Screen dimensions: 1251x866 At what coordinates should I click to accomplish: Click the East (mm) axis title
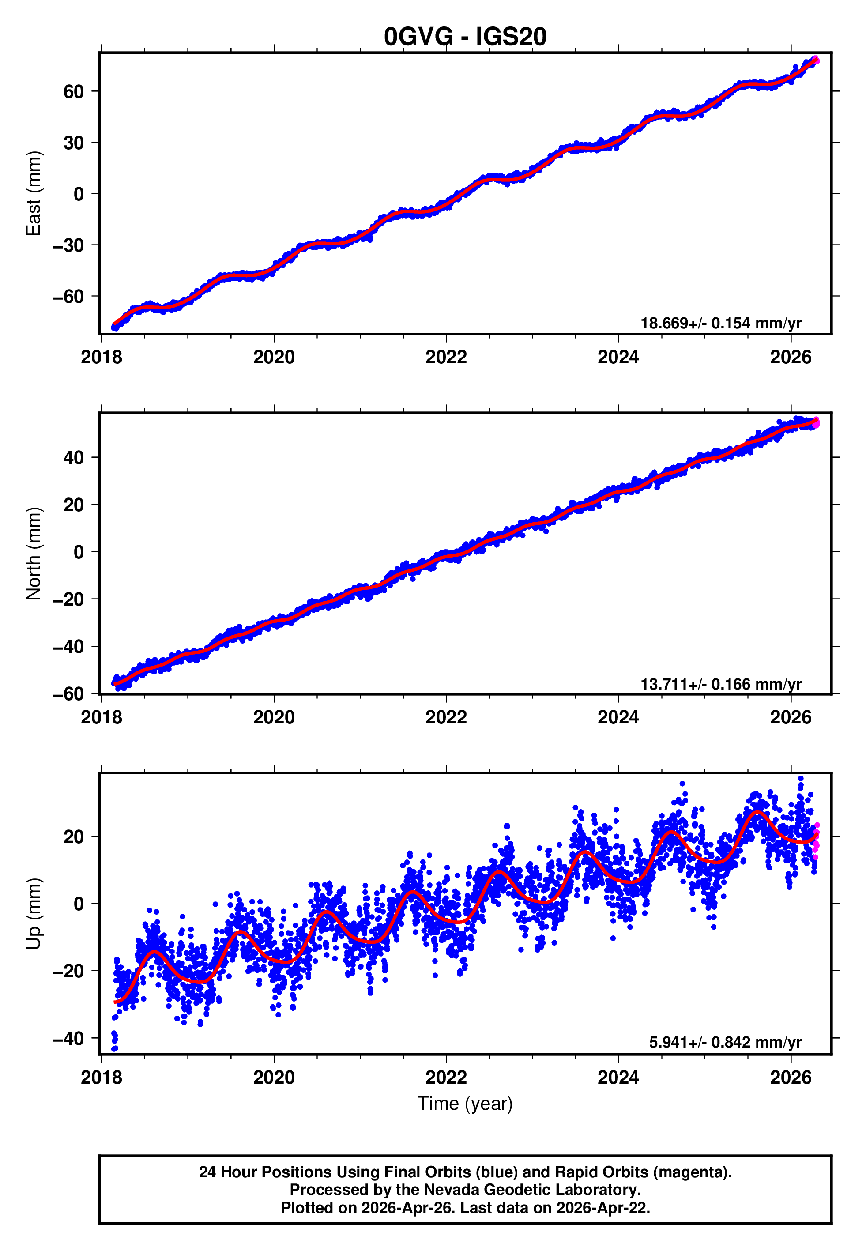point(34,194)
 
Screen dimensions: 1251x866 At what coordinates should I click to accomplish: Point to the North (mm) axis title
point(34,554)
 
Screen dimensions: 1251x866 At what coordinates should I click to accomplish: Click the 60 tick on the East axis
point(74,92)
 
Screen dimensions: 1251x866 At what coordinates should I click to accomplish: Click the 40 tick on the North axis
point(74,458)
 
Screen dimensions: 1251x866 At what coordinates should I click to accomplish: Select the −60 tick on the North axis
point(68,694)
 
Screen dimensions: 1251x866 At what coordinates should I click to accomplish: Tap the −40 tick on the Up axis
point(68,1038)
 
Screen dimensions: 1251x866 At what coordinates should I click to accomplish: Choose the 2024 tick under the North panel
point(618,718)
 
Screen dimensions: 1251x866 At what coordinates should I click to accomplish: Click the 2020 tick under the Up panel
point(274,1078)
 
